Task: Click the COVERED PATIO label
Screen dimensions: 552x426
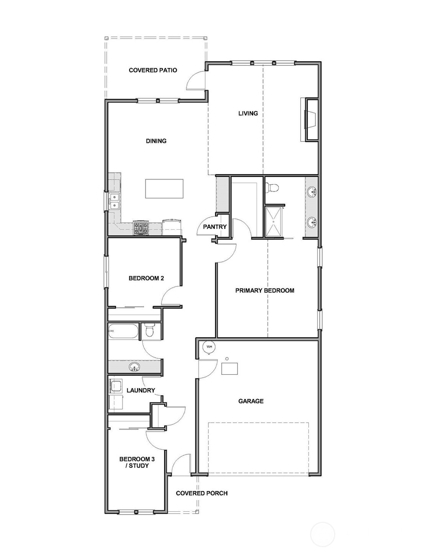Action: (153, 70)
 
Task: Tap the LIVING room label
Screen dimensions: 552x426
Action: (248, 113)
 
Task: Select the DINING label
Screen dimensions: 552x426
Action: (156, 141)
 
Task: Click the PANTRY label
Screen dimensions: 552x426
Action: (215, 227)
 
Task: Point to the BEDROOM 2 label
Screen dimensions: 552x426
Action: (146, 278)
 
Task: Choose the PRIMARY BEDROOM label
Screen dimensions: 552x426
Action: (265, 290)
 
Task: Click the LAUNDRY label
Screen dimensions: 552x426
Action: (141, 391)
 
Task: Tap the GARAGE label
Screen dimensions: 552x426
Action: (251, 401)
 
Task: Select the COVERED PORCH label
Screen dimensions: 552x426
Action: (202, 493)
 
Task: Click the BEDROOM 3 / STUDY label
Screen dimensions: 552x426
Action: (134, 462)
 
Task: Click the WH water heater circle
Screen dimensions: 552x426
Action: (209, 347)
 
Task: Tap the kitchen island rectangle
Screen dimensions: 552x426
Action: (164, 188)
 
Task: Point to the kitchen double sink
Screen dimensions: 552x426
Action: (115, 201)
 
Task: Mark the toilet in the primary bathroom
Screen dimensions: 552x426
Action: (273, 188)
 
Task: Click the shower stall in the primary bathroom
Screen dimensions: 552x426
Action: (274, 222)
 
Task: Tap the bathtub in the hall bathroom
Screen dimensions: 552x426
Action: (123, 331)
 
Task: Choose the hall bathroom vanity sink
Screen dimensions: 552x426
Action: (134, 367)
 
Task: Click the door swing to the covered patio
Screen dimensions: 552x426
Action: (196, 81)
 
